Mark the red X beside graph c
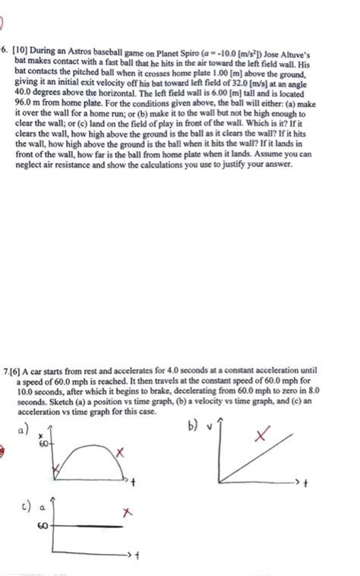coord(127,514)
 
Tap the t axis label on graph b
coord(307,483)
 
